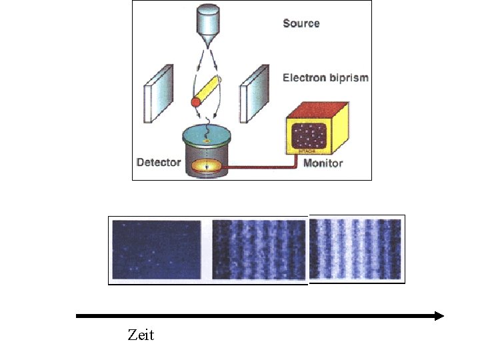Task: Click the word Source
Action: (x=301, y=23)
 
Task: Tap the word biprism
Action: (x=349, y=78)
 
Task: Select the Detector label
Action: (x=159, y=162)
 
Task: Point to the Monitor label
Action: (x=323, y=163)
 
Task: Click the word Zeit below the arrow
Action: (x=140, y=335)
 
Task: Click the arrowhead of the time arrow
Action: (x=439, y=316)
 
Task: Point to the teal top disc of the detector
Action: (x=207, y=138)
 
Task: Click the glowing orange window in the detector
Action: (x=207, y=164)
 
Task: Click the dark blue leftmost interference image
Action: (x=157, y=249)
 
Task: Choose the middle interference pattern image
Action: (x=259, y=249)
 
